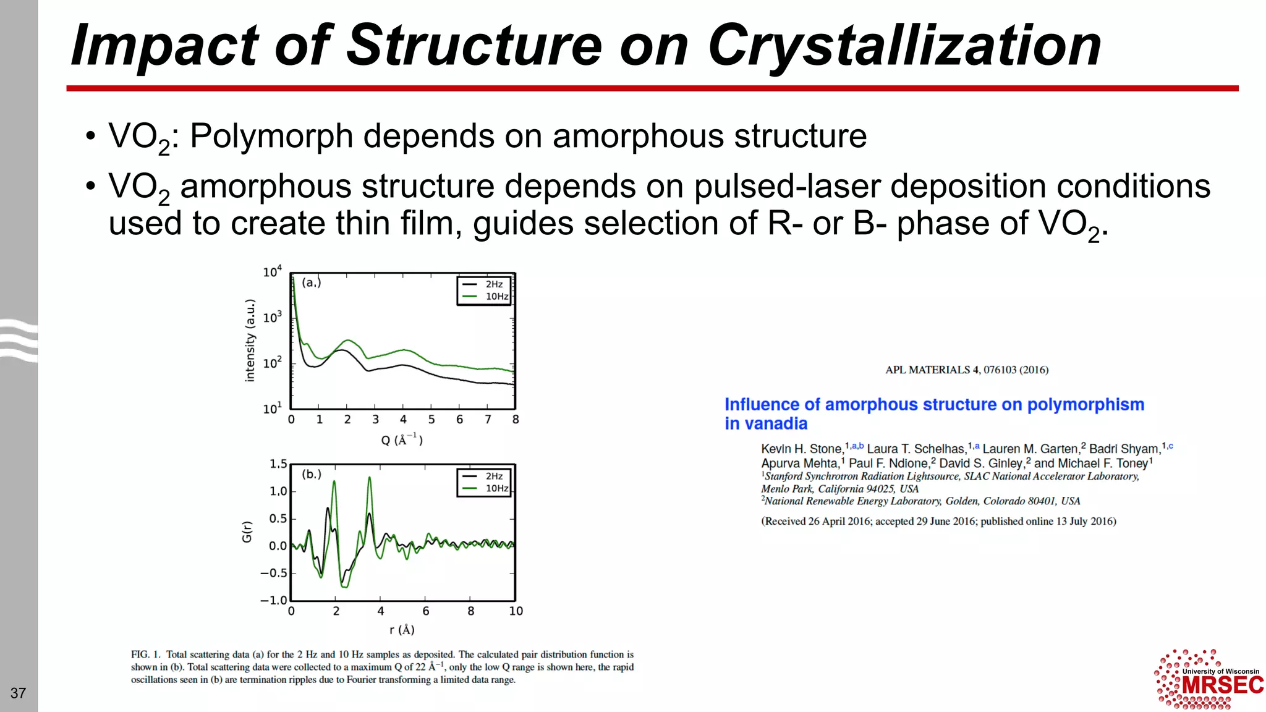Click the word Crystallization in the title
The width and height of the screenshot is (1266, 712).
[x=904, y=46]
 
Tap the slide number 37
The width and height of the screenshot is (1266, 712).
[x=18, y=693]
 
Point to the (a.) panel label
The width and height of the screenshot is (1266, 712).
[x=311, y=282]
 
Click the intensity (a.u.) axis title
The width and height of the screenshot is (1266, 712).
[x=250, y=341]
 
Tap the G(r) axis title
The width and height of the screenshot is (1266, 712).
[x=247, y=532]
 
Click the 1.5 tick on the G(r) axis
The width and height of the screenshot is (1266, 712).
[x=278, y=464]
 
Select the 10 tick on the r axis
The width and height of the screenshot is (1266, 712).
[x=516, y=611]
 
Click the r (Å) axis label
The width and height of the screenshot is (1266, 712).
[x=402, y=630]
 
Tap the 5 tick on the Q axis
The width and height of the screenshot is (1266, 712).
[x=431, y=420]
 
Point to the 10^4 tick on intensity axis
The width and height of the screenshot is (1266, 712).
[x=272, y=272]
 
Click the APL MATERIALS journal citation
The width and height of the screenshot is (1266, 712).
[x=967, y=370]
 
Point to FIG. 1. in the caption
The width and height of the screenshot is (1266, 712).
[x=146, y=655]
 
